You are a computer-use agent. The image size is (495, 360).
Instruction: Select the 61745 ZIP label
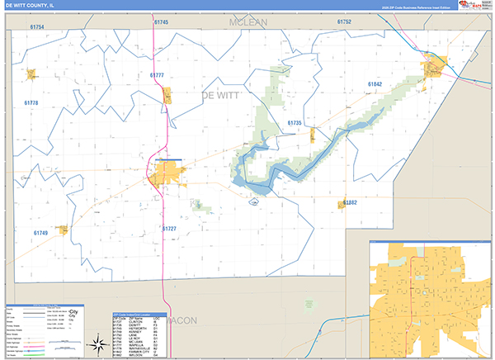[161, 22]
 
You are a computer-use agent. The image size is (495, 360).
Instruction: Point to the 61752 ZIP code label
[344, 22]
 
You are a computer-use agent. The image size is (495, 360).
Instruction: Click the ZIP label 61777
[158, 75]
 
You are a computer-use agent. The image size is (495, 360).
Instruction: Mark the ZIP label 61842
[375, 85]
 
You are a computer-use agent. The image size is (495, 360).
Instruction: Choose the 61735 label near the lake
[295, 122]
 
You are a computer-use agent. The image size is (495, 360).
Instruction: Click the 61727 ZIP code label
[169, 228]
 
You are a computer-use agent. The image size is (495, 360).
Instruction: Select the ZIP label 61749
[40, 234]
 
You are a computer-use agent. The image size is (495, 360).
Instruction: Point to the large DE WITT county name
[226, 96]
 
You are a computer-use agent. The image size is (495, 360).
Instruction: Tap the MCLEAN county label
[251, 22]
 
